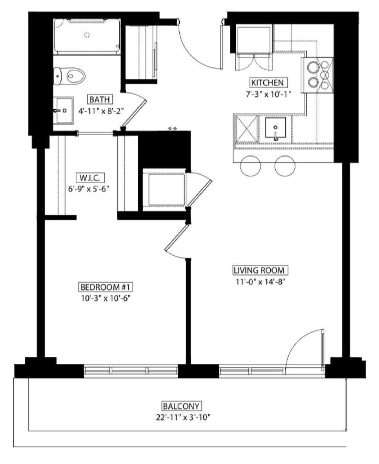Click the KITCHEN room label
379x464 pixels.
point(268,83)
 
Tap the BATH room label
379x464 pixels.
point(99,99)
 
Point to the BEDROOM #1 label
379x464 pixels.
point(106,287)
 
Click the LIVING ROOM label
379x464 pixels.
point(259,271)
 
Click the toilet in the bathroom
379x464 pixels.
point(69,76)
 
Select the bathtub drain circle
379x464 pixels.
point(87,35)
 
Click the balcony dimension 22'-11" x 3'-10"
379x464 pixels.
point(183,417)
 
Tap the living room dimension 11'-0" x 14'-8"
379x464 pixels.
point(259,282)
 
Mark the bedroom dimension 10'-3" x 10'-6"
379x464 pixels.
point(106,298)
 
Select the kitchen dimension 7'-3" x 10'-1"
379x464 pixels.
point(267,94)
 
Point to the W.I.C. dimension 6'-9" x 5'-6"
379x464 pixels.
point(89,189)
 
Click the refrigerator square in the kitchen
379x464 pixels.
point(254,40)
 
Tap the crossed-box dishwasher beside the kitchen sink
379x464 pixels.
point(246,129)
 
